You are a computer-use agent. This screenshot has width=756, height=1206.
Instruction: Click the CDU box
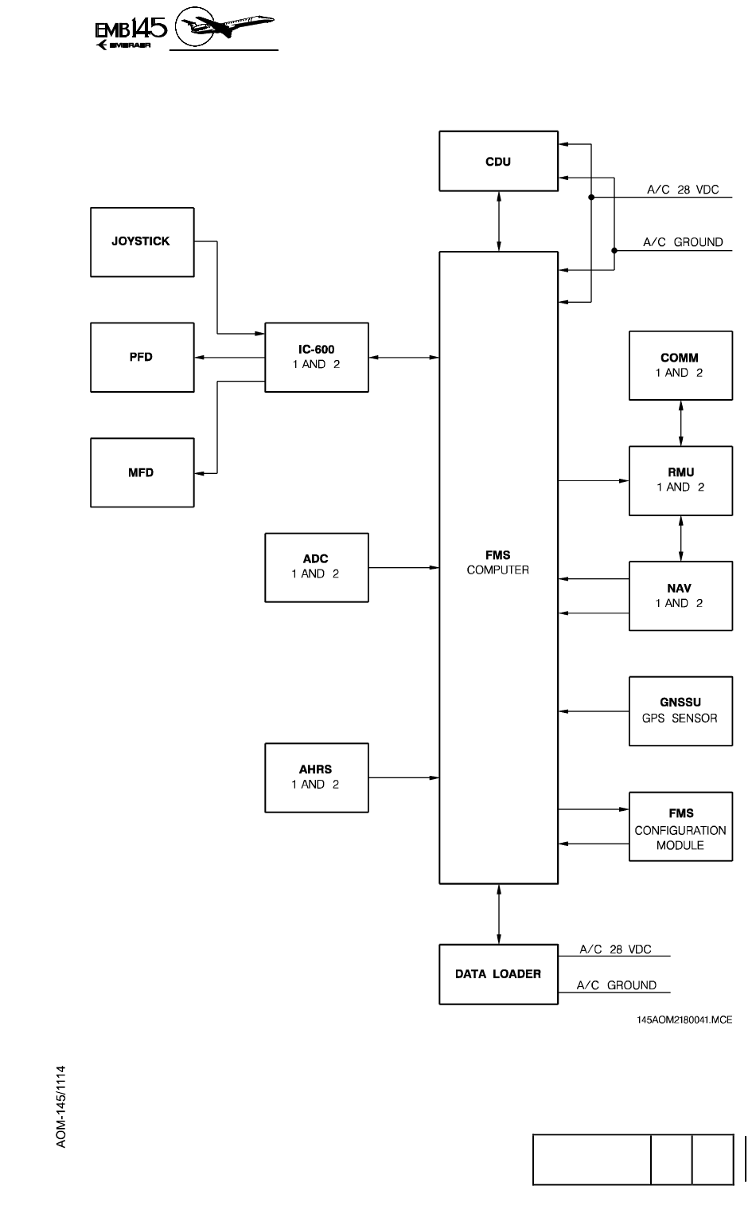[x=498, y=162]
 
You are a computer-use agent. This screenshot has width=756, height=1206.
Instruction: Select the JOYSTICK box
[x=142, y=242]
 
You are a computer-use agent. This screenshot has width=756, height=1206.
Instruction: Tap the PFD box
[x=142, y=357]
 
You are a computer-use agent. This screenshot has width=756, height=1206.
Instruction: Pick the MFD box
[x=142, y=472]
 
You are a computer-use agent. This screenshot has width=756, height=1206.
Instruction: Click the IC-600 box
[x=316, y=357]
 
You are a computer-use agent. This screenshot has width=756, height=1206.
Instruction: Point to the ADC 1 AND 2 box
[x=316, y=566]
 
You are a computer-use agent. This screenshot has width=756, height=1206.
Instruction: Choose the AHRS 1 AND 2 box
[x=316, y=777]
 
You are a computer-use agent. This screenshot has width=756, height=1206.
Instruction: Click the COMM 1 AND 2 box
[x=680, y=366]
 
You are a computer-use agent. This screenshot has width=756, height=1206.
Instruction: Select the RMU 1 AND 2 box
[x=680, y=480]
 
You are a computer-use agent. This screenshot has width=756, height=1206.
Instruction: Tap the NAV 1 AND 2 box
[x=680, y=596]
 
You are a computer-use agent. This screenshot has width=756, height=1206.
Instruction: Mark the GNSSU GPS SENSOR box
[x=680, y=711]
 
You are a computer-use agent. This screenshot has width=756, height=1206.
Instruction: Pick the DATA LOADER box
[x=498, y=973]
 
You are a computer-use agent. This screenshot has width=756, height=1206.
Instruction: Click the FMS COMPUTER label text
[x=498, y=562]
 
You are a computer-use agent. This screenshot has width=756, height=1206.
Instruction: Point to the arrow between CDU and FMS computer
[x=499, y=221]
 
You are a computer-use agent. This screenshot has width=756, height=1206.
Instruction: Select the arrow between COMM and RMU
[x=681, y=423]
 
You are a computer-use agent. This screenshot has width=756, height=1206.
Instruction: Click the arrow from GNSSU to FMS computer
[x=593, y=711]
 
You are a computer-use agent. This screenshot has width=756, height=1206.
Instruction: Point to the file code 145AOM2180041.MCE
[x=684, y=1020]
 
